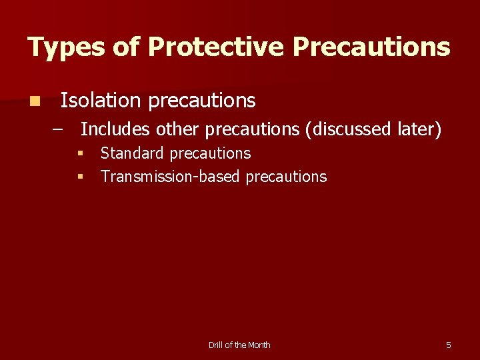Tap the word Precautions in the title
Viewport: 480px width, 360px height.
[x=371, y=47]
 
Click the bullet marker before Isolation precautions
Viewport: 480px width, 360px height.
[x=34, y=101]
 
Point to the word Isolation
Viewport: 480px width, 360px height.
[x=101, y=101]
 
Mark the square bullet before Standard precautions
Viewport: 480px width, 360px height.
[x=79, y=154]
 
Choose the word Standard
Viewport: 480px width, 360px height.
[x=132, y=153]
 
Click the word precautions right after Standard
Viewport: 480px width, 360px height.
[x=210, y=153]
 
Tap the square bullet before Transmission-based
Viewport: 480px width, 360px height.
[x=79, y=177]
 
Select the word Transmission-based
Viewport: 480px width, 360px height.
[x=171, y=177]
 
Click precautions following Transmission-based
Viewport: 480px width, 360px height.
[x=286, y=177]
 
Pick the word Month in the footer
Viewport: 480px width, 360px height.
[x=259, y=345]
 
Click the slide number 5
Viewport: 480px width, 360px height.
[x=448, y=345]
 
